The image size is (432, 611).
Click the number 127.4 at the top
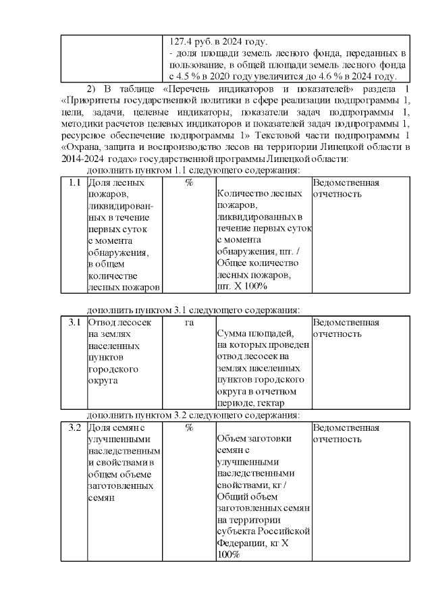click(x=180, y=41)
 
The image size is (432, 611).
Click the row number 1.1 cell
click(x=74, y=183)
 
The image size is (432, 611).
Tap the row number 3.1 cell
click(x=74, y=323)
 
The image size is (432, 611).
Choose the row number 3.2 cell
click(x=74, y=428)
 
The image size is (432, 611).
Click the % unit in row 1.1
click(x=189, y=183)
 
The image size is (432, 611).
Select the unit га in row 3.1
click(x=189, y=323)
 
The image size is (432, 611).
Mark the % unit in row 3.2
click(x=189, y=428)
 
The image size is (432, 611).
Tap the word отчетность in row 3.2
click(x=337, y=440)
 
